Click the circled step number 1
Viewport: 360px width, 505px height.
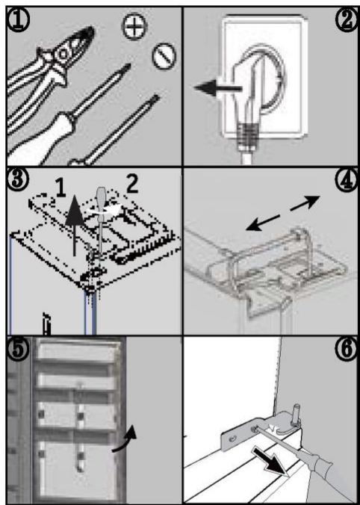[x=19, y=20]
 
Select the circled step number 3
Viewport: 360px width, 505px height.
[x=19, y=180]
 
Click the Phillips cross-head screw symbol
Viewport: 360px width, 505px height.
[x=134, y=26]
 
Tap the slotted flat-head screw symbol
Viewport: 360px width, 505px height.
[x=164, y=56]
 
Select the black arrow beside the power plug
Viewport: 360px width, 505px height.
[x=218, y=88]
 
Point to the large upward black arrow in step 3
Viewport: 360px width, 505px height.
[x=75, y=225]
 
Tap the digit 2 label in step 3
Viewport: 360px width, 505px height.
[x=131, y=184]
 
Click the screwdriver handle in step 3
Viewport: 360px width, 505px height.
[x=102, y=198]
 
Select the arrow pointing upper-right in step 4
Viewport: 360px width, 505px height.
[x=305, y=203]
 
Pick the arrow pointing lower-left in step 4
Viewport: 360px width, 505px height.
[x=263, y=223]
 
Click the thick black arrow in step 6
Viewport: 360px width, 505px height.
[x=270, y=462]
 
